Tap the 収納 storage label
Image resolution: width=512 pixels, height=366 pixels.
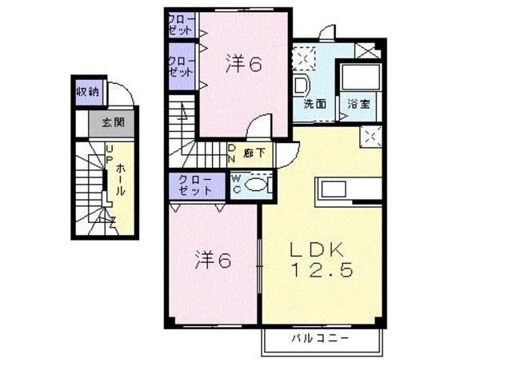tap(87, 91)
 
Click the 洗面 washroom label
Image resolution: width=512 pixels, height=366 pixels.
tap(314, 103)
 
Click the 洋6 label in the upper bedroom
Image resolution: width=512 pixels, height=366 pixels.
tap(243, 64)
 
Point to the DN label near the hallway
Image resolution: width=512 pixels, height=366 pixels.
tap(231, 153)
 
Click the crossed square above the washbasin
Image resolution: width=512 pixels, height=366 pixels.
tap(303, 57)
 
